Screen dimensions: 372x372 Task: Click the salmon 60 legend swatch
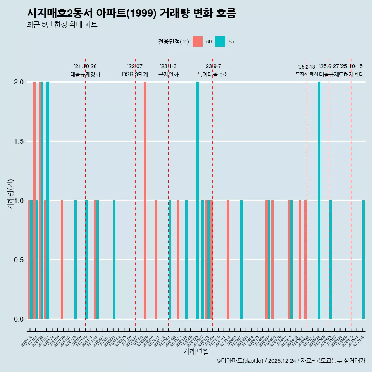click(x=198, y=41)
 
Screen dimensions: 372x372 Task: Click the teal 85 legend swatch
click(x=220, y=41)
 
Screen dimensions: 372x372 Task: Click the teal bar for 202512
click(x=363, y=260)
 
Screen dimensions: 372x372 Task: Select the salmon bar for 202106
click(x=62, y=260)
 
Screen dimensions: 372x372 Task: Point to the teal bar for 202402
click(x=241, y=260)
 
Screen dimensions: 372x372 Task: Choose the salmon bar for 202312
click(x=228, y=260)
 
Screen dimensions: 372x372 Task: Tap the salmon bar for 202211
click(x=156, y=260)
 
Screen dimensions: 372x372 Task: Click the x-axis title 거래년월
click(x=196, y=352)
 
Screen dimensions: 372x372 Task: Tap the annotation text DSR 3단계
click(x=135, y=74)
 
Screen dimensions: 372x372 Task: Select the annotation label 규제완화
click(x=168, y=74)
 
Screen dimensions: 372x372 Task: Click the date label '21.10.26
click(x=85, y=67)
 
